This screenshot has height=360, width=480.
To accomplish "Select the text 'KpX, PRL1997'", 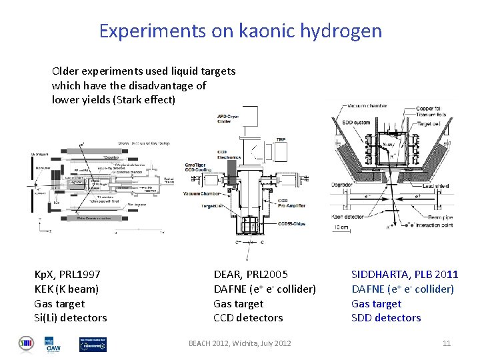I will (67, 274).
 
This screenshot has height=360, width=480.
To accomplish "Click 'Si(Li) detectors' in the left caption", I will (70, 318).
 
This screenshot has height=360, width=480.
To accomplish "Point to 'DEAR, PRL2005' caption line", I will (251, 274).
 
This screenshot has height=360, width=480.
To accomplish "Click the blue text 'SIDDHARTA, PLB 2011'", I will (405, 274).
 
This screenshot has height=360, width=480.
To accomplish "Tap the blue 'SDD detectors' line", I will (386, 318).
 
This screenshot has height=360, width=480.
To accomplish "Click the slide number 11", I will (447, 343).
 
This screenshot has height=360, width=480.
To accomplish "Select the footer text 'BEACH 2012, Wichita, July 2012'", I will (239, 343).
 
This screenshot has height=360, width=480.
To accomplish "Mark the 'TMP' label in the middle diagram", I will (281, 139).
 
